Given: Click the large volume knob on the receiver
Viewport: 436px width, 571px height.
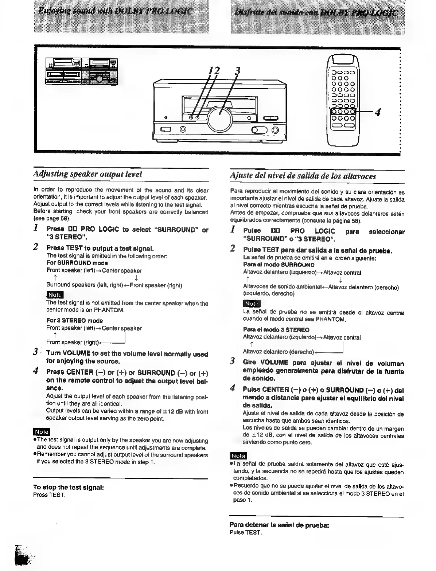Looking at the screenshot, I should (219, 118).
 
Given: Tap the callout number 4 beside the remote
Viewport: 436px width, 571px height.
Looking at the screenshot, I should (378, 113).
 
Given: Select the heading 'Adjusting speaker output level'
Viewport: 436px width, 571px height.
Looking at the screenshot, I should (87, 174).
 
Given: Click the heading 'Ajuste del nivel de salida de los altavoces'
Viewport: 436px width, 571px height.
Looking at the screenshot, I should (303, 176).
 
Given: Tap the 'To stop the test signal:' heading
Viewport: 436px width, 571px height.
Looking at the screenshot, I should (69, 487).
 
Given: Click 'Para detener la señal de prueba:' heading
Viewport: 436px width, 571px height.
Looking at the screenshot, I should (279, 525).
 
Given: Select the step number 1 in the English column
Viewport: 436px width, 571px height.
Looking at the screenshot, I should (36, 228).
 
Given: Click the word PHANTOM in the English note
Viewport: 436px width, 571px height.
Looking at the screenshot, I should (109, 310).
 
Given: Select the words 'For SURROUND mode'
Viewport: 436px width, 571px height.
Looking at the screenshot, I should (77, 263).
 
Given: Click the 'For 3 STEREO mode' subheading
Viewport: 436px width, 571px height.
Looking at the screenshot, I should (74, 321).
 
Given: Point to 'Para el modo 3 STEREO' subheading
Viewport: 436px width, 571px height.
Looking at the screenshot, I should (276, 330).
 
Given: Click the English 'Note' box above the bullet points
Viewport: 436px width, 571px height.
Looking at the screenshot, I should (41, 432).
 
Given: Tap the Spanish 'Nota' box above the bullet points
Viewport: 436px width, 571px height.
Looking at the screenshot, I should (238, 456).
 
